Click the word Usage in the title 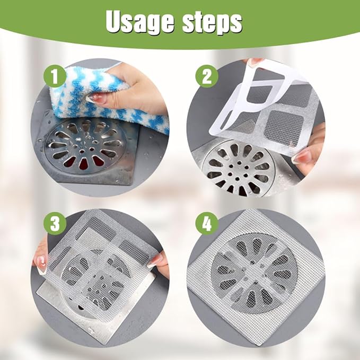[140, 22]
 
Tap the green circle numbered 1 [55, 76]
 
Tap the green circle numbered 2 [207, 76]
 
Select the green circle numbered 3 [55, 223]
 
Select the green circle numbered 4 [207, 223]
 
